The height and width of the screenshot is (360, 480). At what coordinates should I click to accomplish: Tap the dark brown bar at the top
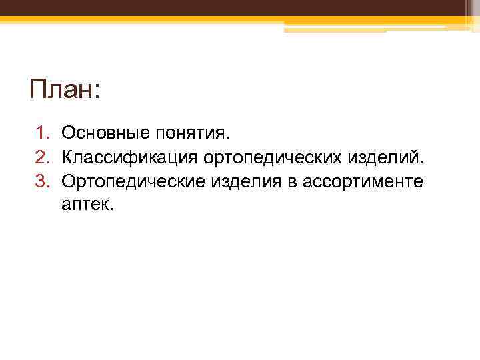(x=240, y=7)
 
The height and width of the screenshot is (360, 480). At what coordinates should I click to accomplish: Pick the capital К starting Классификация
(x=67, y=158)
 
